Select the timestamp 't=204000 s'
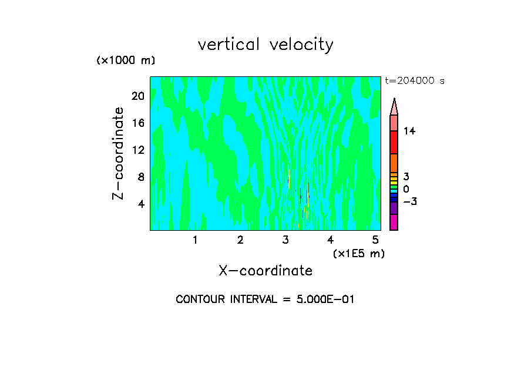[x=414, y=81]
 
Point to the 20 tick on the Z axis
[x=137, y=96]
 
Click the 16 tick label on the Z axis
[x=137, y=123]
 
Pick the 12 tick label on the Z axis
[x=137, y=150]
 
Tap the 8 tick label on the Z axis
[x=140, y=177]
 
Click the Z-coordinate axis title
[x=119, y=153]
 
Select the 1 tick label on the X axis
[x=195, y=240]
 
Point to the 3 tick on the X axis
[x=285, y=240]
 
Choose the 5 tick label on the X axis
[x=375, y=240]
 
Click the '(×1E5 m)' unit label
[x=358, y=253]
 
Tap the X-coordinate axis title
[x=265, y=271]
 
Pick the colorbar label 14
[x=409, y=131]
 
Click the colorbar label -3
[x=409, y=201]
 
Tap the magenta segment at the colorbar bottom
[x=394, y=222]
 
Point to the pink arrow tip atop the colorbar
[x=394, y=107]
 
